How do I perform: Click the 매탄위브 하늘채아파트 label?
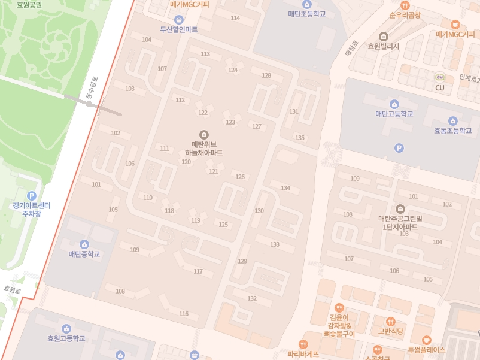203,148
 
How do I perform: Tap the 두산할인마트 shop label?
178,29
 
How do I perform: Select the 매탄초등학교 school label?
307,13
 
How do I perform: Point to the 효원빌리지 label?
383,46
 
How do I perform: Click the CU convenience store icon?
440,77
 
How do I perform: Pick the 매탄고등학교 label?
394,113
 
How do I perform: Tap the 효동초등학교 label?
453,130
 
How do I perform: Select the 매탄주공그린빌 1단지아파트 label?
400,222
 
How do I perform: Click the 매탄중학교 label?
84,254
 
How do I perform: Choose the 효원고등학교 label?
66,338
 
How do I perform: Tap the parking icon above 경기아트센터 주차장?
32,196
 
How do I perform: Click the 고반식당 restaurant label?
390,331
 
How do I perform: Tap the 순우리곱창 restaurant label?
405,14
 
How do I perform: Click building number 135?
300,138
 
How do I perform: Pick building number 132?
252,298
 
